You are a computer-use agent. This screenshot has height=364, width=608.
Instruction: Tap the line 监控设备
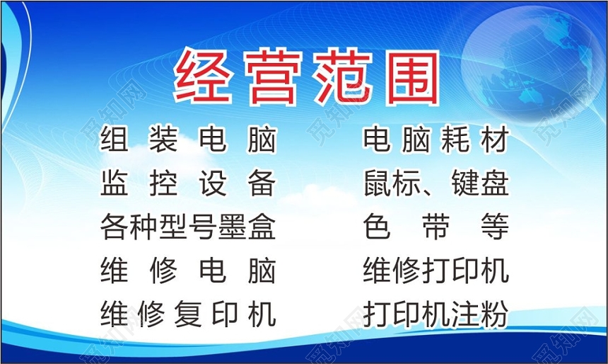(x=188, y=183)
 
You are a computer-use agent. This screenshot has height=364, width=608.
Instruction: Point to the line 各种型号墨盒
(x=188, y=227)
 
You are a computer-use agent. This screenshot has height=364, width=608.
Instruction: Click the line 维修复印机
(x=188, y=314)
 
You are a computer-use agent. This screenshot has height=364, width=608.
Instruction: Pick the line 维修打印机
(x=435, y=271)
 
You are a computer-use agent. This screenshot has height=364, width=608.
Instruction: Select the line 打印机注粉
(x=435, y=314)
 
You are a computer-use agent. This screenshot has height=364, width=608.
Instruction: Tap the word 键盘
(x=479, y=183)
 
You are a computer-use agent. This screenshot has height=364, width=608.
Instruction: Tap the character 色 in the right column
(x=378, y=227)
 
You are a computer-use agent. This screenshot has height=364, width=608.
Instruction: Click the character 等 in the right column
(x=493, y=227)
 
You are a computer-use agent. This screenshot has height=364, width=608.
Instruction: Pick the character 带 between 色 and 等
(x=435, y=227)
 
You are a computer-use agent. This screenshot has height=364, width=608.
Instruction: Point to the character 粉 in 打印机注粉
(x=493, y=314)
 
